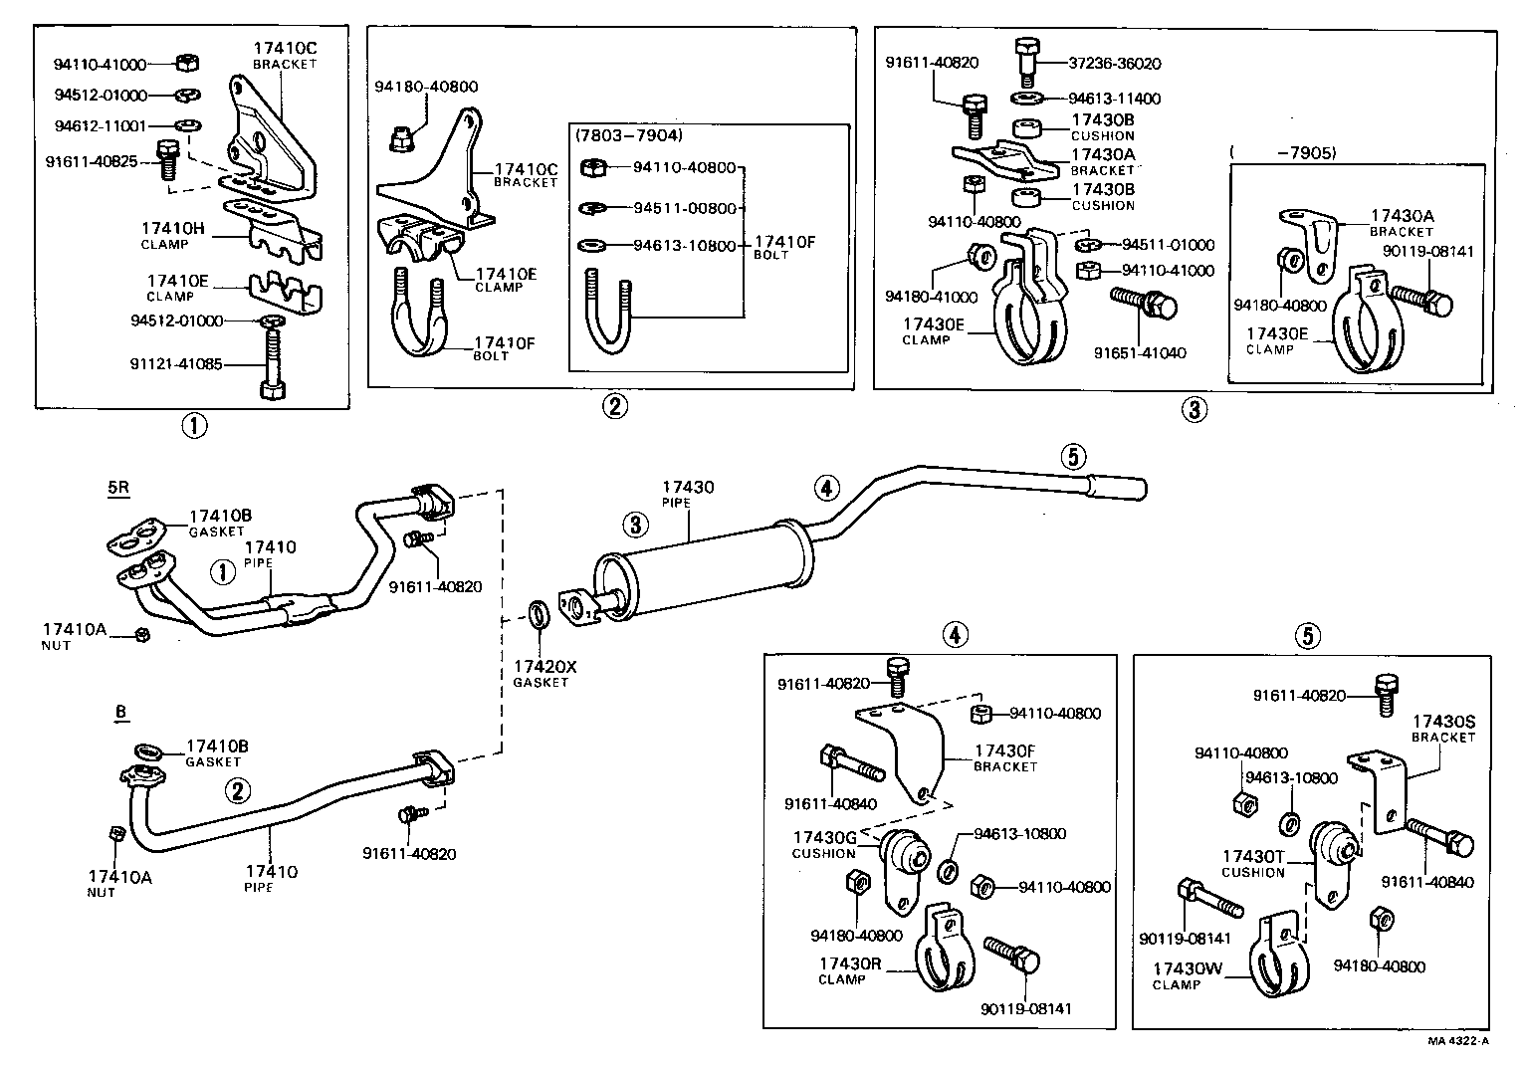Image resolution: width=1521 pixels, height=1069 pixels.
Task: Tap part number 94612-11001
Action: [x=100, y=127]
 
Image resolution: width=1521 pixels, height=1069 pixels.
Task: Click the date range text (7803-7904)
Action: [x=628, y=135]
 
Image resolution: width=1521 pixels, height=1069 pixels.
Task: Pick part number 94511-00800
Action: [x=684, y=208]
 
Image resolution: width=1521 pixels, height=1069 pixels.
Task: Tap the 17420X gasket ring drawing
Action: [x=539, y=616]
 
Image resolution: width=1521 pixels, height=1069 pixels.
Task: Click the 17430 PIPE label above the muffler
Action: [x=688, y=488]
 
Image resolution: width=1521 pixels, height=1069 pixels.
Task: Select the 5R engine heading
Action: [x=117, y=489]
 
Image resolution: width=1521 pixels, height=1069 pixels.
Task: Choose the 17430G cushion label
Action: [x=824, y=838]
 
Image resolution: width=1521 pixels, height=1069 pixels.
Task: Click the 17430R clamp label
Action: [x=849, y=963]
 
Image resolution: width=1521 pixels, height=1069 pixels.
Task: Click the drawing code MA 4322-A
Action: [x=1457, y=1041]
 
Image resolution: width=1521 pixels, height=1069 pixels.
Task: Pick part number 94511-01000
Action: [x=1168, y=245]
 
